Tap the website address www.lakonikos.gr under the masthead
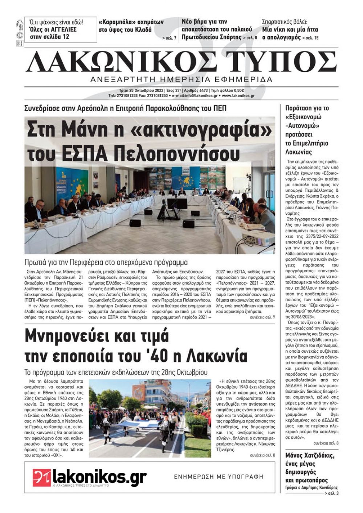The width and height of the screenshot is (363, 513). tap(238, 96)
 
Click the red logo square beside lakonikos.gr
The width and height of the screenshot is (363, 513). tap(41, 477)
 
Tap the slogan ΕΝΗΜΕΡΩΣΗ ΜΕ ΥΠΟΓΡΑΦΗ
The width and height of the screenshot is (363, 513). tap(219, 477)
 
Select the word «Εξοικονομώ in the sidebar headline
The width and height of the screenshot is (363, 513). tap(303, 117)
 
